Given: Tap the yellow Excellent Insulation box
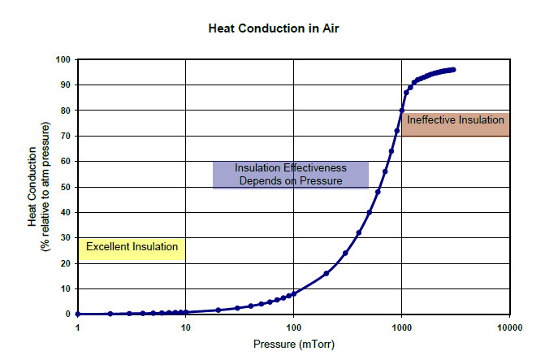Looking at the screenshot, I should pos(132,247).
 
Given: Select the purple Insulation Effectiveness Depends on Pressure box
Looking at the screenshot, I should pos(290,175).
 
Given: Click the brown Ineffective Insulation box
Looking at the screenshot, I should pos(455,124).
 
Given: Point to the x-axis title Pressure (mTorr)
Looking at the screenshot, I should pos(293,343).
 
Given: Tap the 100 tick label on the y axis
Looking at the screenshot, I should pos(62,59).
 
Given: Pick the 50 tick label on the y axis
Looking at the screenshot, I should pos(64,187).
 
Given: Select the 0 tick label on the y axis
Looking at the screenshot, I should pos(67,314).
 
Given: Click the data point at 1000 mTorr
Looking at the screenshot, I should pos(402,111).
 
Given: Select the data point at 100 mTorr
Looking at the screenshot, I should pos(294,293).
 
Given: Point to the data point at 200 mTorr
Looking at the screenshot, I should pos(327,273).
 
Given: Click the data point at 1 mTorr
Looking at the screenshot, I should pos(78,314).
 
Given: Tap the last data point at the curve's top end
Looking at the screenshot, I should pos(453,70).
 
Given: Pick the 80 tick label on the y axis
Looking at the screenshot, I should pos(64,111).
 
